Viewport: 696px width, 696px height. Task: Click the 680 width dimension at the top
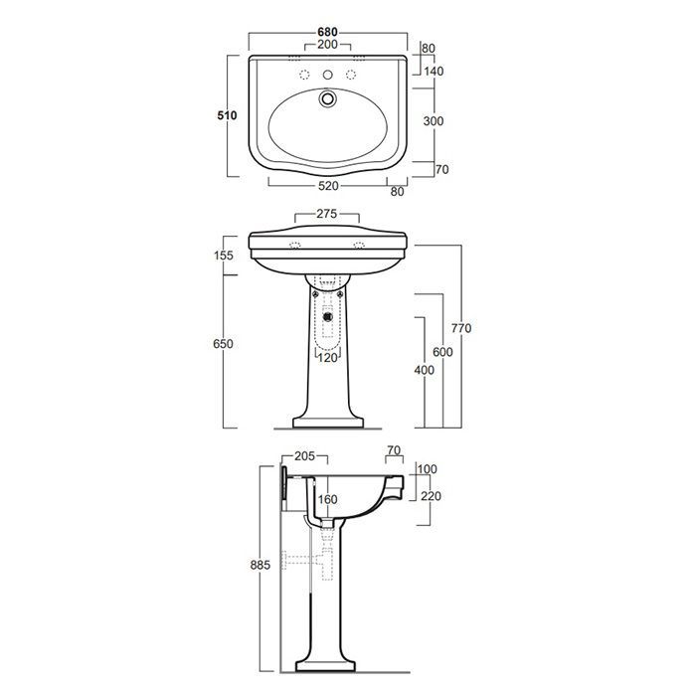coord(327,32)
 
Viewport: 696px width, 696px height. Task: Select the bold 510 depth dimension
coord(227,115)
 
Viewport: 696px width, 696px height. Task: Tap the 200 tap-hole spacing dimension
coord(327,45)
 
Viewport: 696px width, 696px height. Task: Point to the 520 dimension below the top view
coord(328,186)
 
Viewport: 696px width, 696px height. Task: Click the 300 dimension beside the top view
coord(434,120)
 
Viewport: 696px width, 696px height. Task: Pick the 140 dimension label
coord(434,71)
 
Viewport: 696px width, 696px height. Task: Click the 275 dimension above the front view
coord(327,214)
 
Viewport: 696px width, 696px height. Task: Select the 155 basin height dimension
coord(224,256)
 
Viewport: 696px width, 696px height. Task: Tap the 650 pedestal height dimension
coord(223,344)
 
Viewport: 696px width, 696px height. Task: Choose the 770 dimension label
coord(461,328)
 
